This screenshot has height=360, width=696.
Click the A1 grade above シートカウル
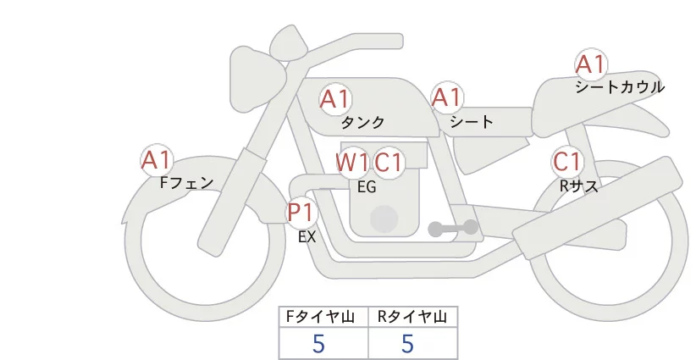[x=590, y=64]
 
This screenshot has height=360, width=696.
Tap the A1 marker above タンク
[x=334, y=99]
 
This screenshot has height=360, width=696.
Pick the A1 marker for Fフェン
[x=156, y=159]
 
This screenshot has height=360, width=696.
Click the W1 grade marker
[x=351, y=162]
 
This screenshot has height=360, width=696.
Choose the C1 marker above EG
[x=389, y=162]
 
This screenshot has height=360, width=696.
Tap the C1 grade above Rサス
[x=566, y=161]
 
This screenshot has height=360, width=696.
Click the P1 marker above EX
[x=301, y=211]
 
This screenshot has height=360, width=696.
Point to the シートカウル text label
[x=620, y=86]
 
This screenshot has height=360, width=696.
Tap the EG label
[x=367, y=187]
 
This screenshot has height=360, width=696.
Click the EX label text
[x=307, y=237]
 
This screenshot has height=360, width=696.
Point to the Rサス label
[x=579, y=186]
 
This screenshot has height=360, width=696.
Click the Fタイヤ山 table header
[x=323, y=317]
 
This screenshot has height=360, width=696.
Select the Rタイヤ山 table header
[x=412, y=317]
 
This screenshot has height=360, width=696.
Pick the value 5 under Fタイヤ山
[x=319, y=343]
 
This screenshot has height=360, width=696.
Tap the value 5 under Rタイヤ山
[x=408, y=343]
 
